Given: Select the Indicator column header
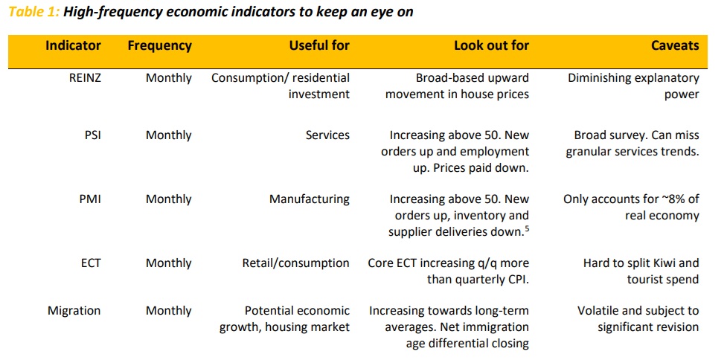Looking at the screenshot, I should [73, 45].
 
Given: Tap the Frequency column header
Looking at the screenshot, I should [159, 45].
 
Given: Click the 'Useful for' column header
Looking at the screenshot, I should [319, 45].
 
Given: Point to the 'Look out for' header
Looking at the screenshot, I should [491, 45].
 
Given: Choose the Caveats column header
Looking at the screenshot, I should [675, 45].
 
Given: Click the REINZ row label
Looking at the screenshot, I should [84, 78].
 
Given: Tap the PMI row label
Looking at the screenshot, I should [89, 199].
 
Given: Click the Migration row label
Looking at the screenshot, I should [74, 311].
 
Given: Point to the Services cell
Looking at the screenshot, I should [327, 135].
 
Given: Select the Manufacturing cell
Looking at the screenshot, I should [310, 199].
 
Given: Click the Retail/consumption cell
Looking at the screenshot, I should [295, 263].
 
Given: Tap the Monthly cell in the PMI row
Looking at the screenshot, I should [169, 199].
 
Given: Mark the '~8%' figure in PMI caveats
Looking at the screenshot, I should [647, 199].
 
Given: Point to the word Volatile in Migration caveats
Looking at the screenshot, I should [603, 311].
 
